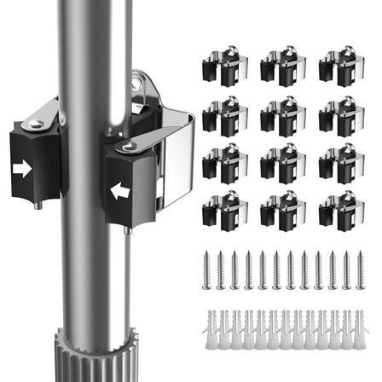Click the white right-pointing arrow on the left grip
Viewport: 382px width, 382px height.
(23, 170)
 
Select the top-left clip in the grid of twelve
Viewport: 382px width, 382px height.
(223, 68)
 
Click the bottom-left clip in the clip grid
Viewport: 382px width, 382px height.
(223, 211)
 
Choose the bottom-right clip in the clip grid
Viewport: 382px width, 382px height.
(339, 211)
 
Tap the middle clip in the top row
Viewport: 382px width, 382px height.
(281, 67)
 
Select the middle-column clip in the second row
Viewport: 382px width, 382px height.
(281, 115)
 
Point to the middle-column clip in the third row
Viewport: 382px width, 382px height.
(281, 163)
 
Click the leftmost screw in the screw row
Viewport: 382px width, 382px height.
(206, 269)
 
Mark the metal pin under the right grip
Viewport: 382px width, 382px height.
(126, 229)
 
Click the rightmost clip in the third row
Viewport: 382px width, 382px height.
(339, 163)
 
